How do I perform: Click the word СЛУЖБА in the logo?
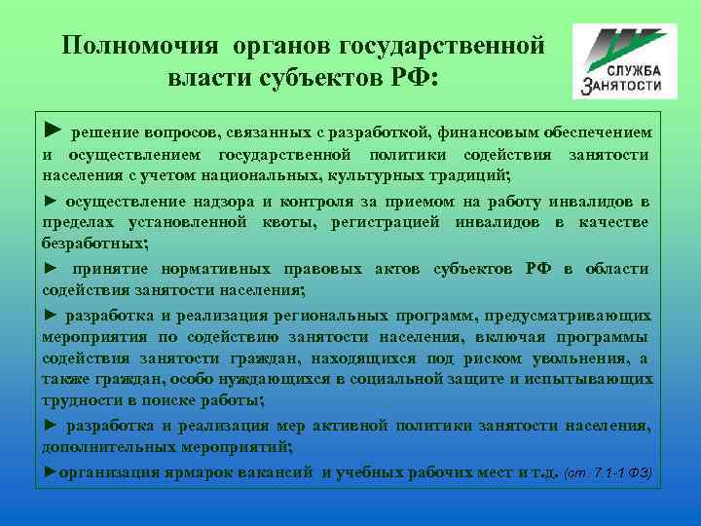tap(633, 70)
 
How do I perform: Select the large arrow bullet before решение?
tap(53, 130)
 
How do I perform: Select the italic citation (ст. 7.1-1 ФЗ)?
tap(608, 474)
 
